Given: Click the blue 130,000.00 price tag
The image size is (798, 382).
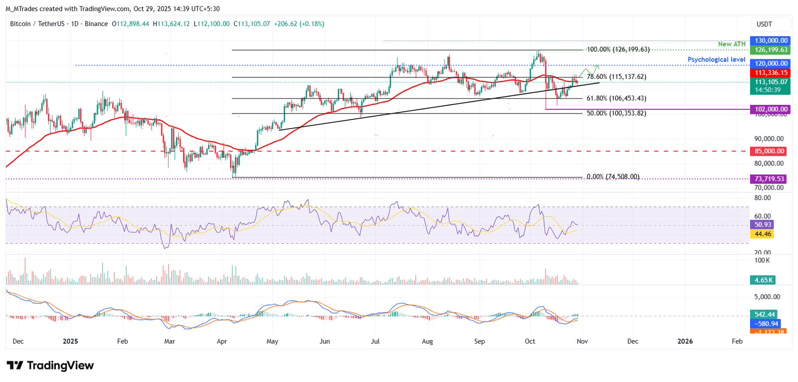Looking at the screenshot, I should (x=771, y=40).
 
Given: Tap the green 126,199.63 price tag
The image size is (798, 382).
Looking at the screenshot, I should (x=771, y=50).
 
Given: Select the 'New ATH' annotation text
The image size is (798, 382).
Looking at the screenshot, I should (x=732, y=44).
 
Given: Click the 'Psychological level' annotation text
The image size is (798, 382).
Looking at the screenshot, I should (x=716, y=59).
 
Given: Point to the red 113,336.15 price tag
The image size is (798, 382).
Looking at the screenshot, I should (x=771, y=73).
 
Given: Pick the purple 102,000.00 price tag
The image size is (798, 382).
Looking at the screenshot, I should (x=771, y=109).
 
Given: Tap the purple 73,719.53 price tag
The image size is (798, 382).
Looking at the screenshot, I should (x=769, y=179).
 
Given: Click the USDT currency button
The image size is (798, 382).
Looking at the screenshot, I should (x=771, y=24).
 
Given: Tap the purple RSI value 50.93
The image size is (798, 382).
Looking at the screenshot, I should (x=763, y=225).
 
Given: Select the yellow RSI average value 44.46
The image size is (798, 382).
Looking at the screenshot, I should (x=763, y=234).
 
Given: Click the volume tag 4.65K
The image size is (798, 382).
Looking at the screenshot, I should (x=763, y=280).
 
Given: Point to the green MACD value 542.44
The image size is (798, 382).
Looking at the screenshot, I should (x=765, y=315).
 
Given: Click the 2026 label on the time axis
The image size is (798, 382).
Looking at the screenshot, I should (x=685, y=342).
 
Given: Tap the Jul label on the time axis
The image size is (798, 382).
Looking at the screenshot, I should (x=376, y=342).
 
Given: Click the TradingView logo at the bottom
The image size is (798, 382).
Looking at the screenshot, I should (x=50, y=366).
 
